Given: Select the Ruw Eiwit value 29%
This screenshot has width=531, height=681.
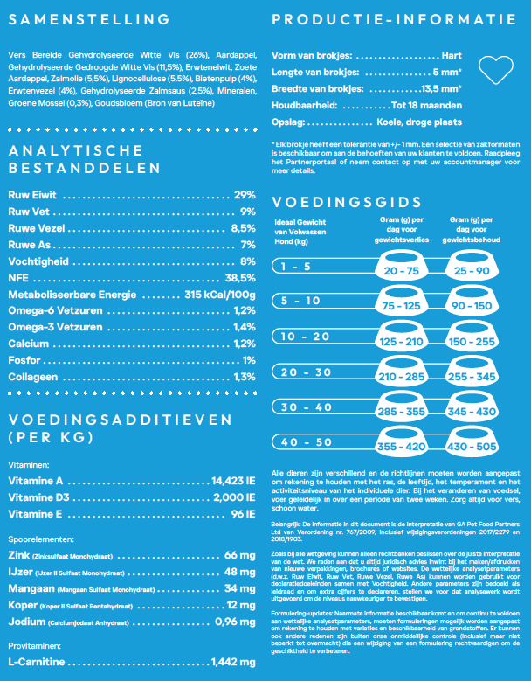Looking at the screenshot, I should point(245,195).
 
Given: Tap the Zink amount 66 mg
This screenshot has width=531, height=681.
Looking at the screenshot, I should point(239,555).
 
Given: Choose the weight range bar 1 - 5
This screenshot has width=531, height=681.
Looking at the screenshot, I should point(300,265).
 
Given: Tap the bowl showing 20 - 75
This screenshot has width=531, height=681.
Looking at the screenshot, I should point(401,270).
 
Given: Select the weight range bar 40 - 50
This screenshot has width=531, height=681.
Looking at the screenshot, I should point(300,441).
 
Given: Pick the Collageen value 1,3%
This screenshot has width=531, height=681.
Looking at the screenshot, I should point(245,377).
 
